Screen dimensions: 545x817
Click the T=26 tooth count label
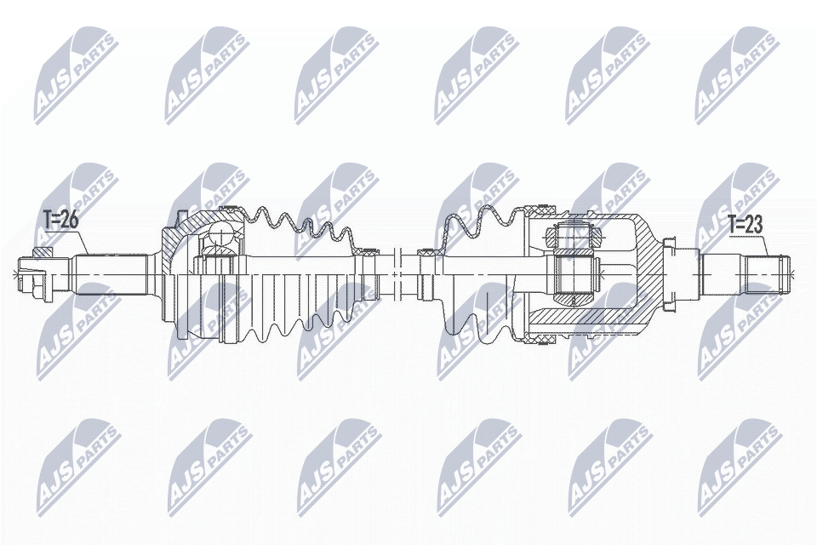tap(60, 220)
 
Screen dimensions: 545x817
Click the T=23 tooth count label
tap(746, 226)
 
